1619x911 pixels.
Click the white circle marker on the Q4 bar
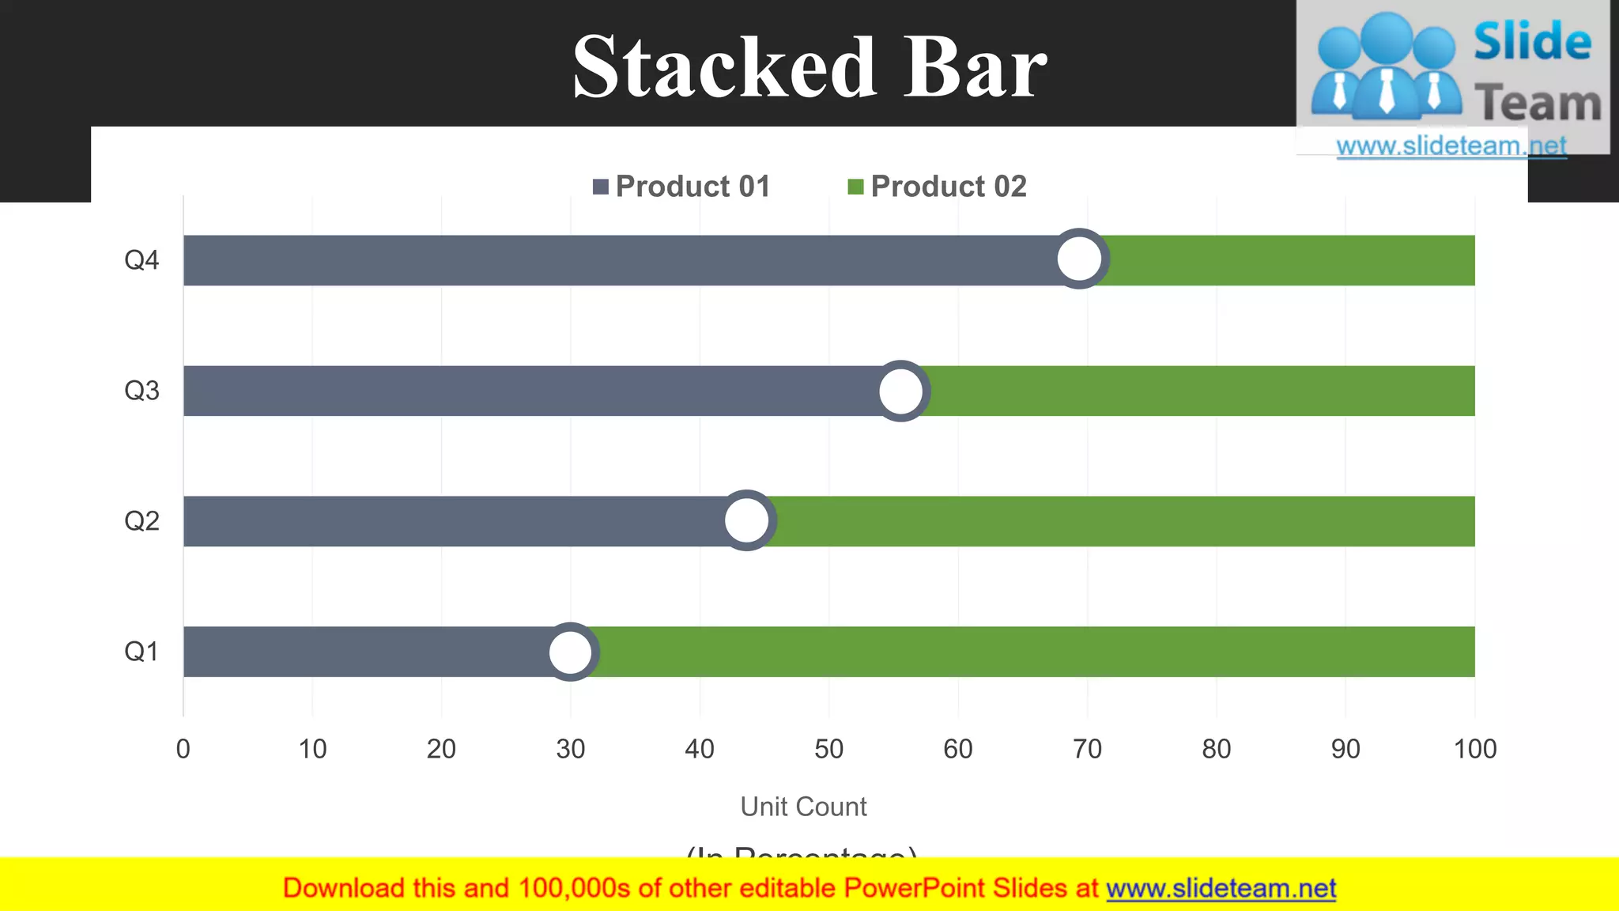[1079, 259]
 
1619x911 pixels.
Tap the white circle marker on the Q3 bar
[900, 391]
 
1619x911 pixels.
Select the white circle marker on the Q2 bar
[746, 520]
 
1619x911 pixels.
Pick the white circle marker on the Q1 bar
[570, 652]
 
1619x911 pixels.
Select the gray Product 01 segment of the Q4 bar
[617, 260]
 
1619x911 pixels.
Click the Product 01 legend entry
[681, 187]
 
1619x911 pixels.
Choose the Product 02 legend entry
[938, 187]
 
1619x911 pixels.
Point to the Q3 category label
[142, 391]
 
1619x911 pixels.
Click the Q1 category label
[142, 652]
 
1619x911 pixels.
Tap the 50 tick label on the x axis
[828, 749]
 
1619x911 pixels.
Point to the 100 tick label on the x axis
[1474, 749]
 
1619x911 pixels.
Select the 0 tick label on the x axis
[183, 749]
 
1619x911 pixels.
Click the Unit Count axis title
[803, 807]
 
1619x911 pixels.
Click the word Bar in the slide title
[975, 68]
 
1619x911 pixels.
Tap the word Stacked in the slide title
[724, 68]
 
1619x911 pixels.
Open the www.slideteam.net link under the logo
[1451, 146]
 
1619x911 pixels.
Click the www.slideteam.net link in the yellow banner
[1221, 889]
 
